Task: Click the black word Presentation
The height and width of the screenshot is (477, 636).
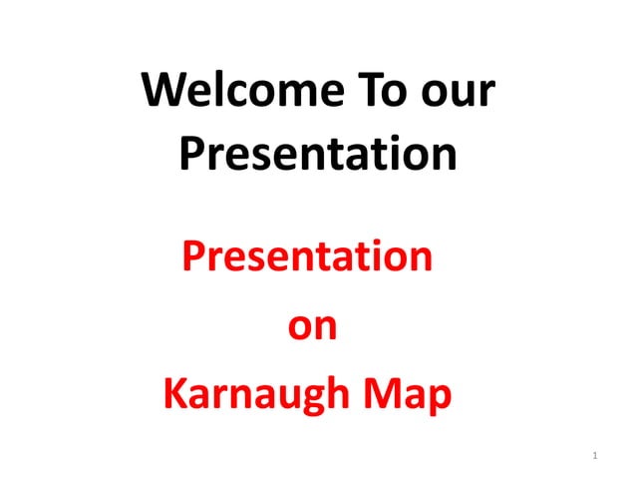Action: (318, 154)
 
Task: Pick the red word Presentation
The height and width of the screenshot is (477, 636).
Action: (307, 258)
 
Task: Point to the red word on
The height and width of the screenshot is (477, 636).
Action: (312, 328)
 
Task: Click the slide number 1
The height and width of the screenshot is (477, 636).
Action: (595, 456)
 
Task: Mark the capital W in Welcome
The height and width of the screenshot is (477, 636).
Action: (162, 92)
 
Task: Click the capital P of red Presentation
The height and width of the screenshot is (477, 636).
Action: (193, 257)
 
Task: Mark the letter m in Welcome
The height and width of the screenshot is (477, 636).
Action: (278, 97)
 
